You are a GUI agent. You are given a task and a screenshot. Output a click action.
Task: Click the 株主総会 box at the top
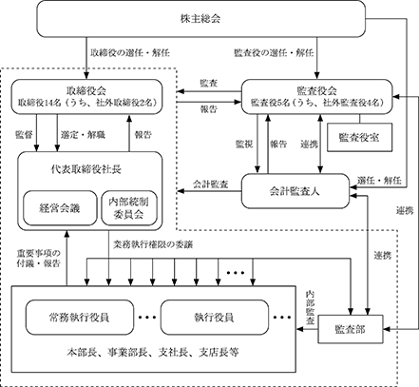tap(201, 19)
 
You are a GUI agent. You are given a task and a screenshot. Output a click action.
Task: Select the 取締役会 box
tap(86, 97)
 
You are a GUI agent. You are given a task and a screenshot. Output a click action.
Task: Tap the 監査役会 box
tap(316, 97)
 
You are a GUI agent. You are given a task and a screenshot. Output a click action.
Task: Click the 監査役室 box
tap(359, 137)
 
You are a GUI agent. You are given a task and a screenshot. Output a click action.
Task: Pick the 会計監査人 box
tap(295, 191)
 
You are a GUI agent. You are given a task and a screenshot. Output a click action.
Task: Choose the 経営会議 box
tap(60, 208)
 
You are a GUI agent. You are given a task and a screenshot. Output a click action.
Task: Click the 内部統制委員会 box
tap(129, 208)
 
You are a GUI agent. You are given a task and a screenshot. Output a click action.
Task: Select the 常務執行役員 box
tap(80, 317)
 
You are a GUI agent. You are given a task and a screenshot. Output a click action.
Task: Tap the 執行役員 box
tap(215, 317)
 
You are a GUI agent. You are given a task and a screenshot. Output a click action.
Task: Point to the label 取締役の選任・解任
tap(130, 52)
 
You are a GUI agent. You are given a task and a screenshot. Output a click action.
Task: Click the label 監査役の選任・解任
tap(274, 52)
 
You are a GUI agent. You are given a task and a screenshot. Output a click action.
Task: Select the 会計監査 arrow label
tap(211, 184)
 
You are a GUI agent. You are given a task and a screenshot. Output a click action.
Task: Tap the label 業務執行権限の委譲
tap(153, 244)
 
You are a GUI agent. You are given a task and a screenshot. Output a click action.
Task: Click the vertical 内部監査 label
tap(310, 307)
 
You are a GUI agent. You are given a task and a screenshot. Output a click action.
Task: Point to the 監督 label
tap(24, 135)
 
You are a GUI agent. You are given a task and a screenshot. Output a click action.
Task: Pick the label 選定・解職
tap(83, 135)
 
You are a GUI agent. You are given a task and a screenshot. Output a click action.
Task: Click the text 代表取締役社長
tap(86, 169)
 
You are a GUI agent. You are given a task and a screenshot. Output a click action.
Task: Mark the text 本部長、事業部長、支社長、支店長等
tap(153, 352)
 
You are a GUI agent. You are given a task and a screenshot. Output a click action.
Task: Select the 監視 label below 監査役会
tap(244, 145)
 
